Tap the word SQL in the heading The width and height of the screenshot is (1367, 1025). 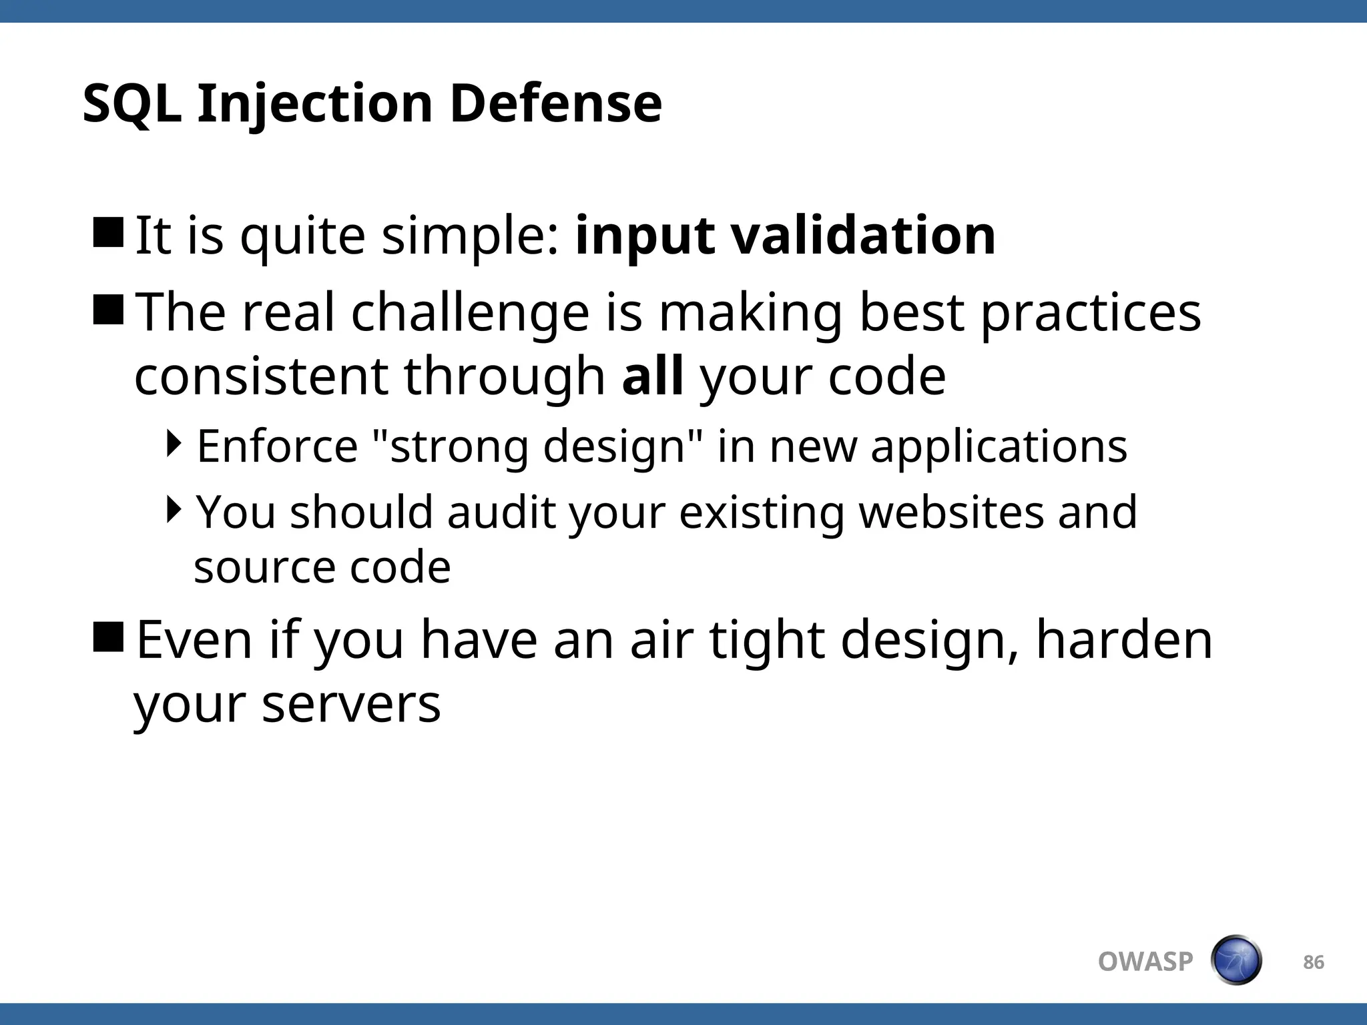tap(131, 105)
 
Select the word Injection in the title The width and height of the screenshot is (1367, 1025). tap(315, 105)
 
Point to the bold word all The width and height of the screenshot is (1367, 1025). tap(652, 376)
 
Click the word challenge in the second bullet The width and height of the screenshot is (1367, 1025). tap(470, 312)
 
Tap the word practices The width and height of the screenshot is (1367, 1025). tap(1091, 312)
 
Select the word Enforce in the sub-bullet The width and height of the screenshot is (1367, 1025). tap(277, 446)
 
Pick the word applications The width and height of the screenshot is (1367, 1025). tap(999, 446)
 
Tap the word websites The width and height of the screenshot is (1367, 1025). tap(950, 512)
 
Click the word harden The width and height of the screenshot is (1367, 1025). tap(1123, 639)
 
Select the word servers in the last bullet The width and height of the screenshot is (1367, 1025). tap(351, 703)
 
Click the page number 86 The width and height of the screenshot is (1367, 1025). tap(1313, 962)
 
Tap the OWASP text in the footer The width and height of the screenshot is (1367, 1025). tap(1145, 962)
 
